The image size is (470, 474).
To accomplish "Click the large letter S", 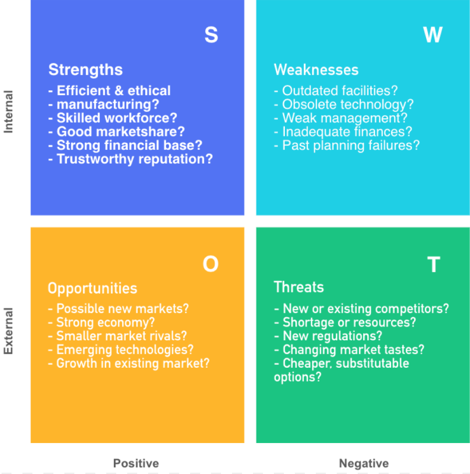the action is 211,34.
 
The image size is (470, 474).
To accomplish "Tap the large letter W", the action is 433,34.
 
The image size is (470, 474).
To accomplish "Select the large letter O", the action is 211,264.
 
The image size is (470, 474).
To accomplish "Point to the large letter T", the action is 434,264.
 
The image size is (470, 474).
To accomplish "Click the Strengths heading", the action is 85,70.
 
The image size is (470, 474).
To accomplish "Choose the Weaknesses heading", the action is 316,70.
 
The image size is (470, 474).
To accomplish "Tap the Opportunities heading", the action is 92,288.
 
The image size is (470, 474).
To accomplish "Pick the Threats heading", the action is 299,287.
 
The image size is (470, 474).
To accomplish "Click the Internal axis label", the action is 8,112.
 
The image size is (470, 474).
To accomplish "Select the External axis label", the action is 8,331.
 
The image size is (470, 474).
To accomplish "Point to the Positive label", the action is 136,463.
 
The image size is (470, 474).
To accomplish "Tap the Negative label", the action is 364,463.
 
